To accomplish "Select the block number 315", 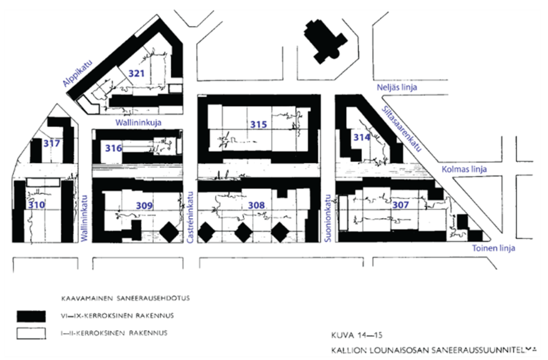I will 258,125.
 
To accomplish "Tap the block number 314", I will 361,137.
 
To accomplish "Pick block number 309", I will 144,205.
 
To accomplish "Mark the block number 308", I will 257,205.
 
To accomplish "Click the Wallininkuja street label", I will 139,122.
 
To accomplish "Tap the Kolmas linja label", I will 465,169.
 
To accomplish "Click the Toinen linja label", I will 494,248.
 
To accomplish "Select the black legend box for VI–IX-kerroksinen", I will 31,314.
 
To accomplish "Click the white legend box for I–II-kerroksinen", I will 31,333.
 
